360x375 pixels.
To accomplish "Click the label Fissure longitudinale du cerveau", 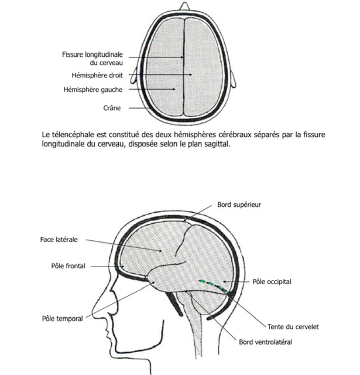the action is pos(92,59).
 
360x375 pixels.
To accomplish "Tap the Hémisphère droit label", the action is pos(97,76).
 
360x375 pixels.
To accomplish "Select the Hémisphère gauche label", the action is pos(93,90).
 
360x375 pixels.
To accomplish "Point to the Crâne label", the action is pos(112,108).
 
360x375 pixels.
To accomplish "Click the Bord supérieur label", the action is pos(239,204).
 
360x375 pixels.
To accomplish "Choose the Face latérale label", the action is pos(59,240).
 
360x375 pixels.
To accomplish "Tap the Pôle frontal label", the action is pos(68,266).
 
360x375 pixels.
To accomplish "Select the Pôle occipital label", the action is pos(272,281).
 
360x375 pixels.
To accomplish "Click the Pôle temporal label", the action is pos(63,319).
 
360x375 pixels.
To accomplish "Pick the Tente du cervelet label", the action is pos(293,327).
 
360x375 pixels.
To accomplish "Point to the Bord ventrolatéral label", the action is pos(265,342).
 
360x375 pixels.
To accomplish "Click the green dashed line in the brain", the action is pos(213,285).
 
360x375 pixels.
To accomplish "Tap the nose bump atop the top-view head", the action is pos(184,6).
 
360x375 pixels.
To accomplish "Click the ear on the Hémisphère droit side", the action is pos(233,79).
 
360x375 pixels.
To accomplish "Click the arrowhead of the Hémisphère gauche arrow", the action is pos(174,89).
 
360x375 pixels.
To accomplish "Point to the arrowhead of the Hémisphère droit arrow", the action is pos(190,74).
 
